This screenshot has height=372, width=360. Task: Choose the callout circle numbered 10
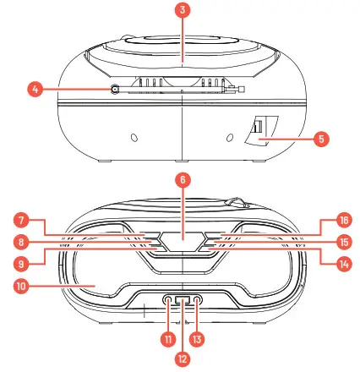20,285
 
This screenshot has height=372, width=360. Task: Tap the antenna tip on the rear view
242,90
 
